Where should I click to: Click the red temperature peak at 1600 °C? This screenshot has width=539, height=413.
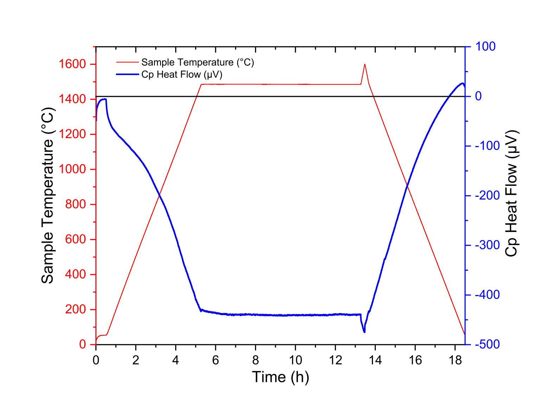[364, 64]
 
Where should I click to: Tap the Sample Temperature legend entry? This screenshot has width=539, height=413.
[197, 62]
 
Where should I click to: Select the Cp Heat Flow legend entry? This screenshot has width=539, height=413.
[182, 74]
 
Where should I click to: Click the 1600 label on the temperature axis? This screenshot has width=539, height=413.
[72, 64]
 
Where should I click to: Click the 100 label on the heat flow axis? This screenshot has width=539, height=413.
[485, 46]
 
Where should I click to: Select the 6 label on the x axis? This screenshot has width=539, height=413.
[216, 360]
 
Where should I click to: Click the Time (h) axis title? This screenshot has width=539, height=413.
[280, 377]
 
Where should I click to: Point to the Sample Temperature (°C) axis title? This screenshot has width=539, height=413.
[47, 196]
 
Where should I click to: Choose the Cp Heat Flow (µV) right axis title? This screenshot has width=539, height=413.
[512, 194]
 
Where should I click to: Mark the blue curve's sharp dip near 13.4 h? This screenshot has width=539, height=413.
[364, 332]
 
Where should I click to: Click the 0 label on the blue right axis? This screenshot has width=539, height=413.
[478, 96]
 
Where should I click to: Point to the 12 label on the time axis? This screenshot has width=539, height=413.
[335, 360]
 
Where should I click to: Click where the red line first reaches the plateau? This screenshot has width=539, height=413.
[201, 85]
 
